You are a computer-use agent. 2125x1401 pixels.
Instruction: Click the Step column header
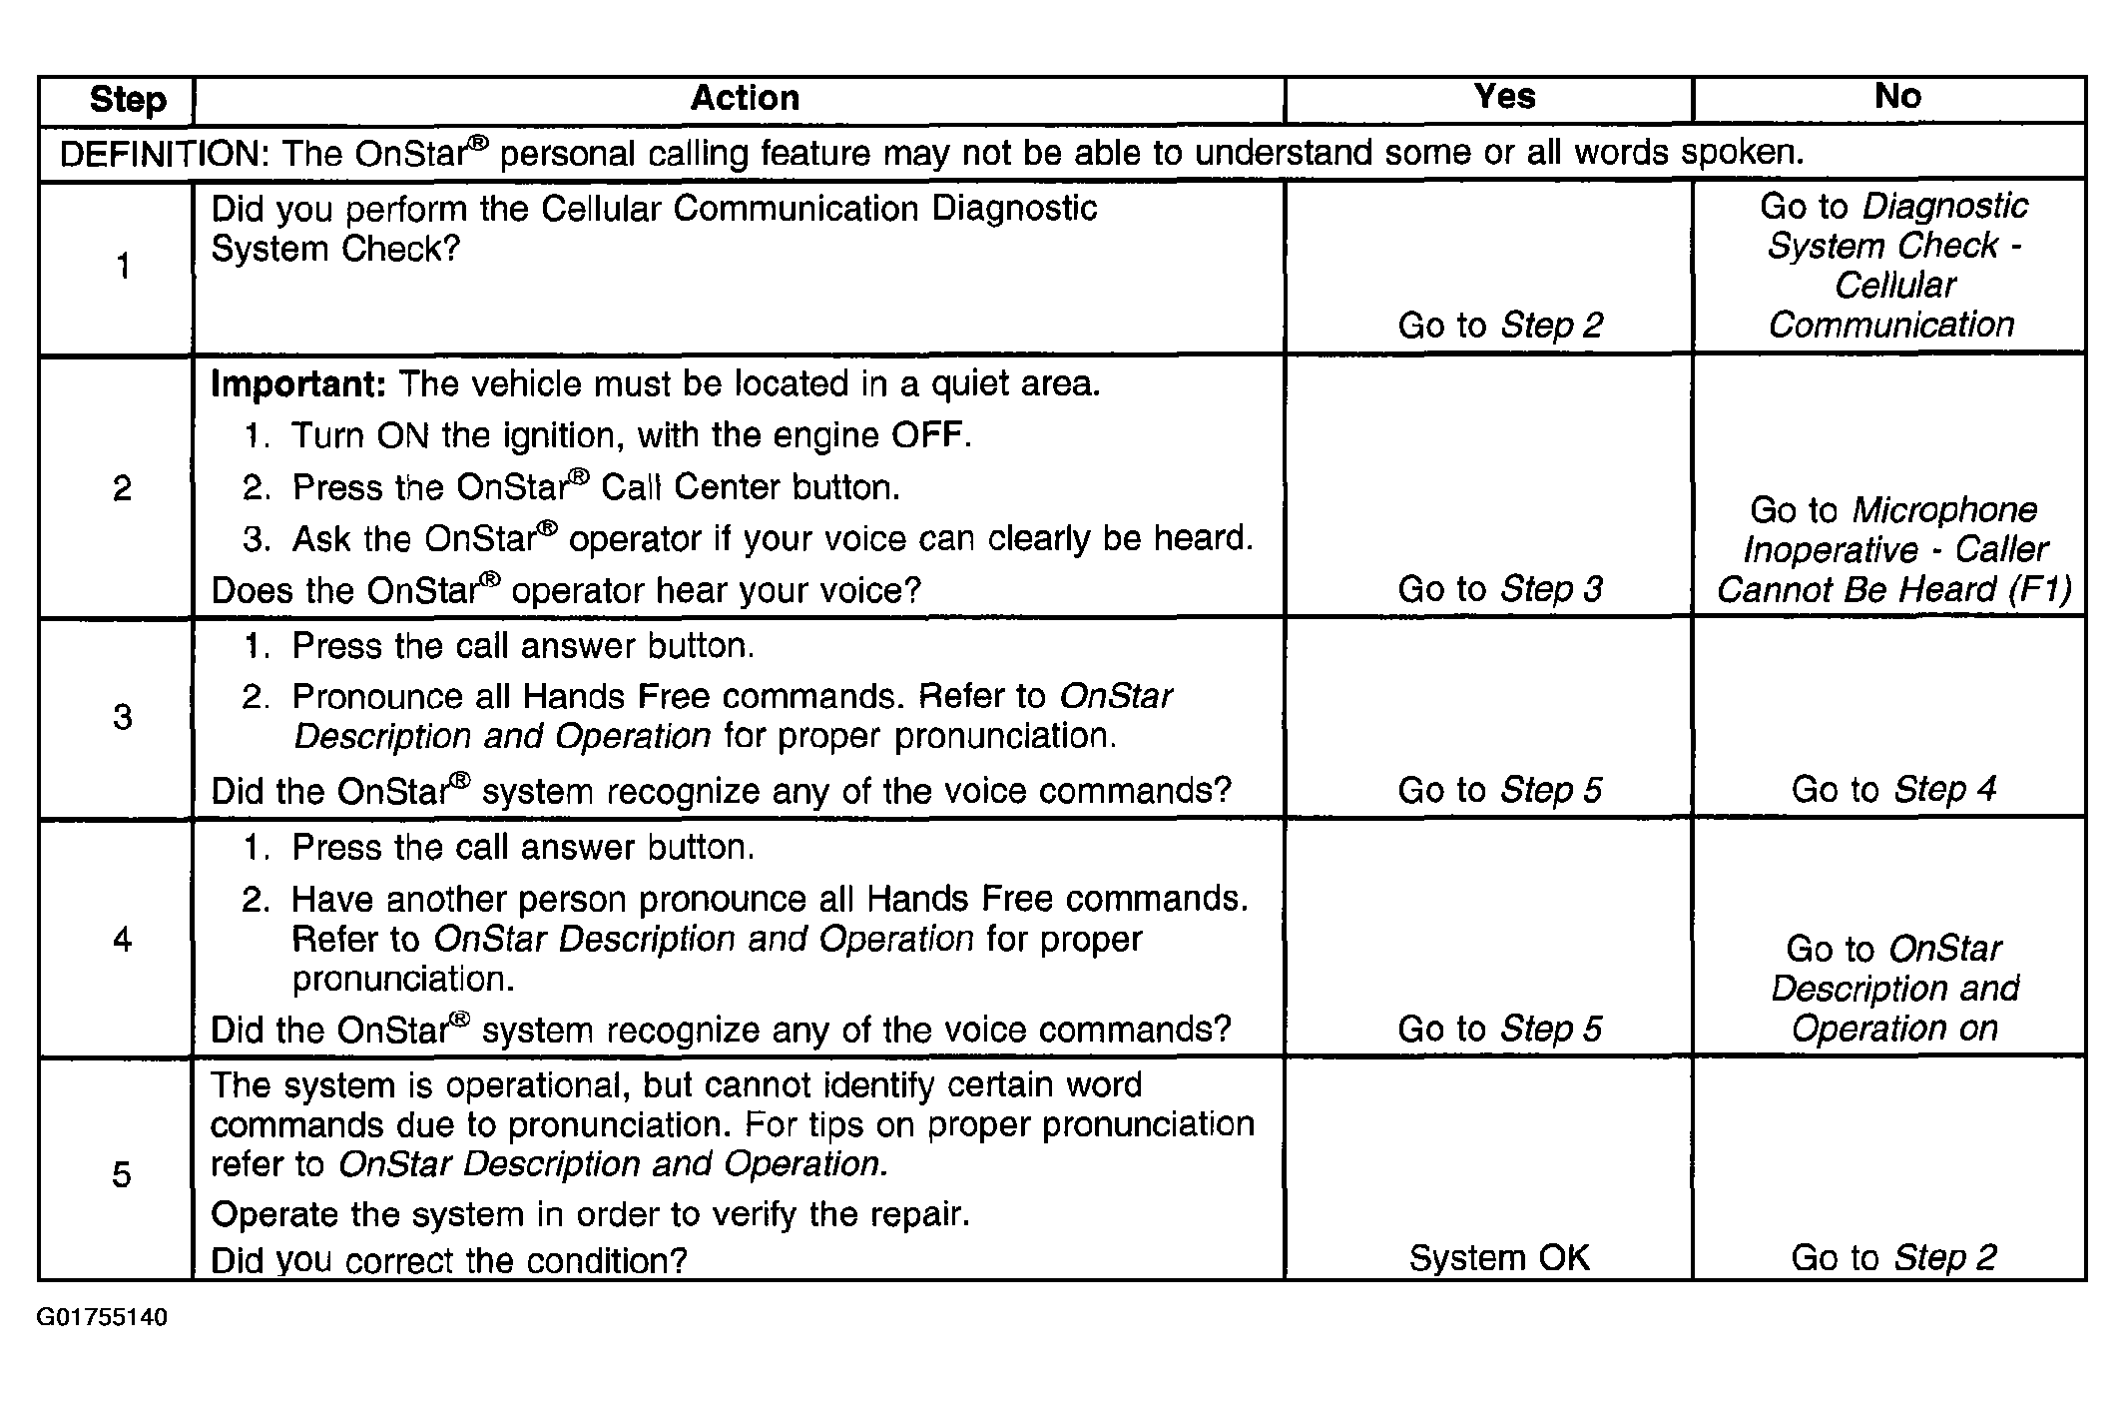[128, 100]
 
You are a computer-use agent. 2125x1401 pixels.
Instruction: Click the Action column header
[745, 98]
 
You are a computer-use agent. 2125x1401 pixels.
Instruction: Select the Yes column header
[1504, 96]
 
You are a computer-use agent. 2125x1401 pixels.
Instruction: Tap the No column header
[1897, 96]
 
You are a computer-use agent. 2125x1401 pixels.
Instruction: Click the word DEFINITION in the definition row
[160, 154]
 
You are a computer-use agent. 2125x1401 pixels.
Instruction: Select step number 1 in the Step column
[123, 266]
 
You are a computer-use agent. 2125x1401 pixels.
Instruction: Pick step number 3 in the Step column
[122, 717]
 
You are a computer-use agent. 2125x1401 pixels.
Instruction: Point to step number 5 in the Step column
[122, 1174]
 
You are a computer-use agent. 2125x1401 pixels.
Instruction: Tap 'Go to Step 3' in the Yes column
[1499, 589]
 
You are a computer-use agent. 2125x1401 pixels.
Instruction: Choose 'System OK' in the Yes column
[1499, 1258]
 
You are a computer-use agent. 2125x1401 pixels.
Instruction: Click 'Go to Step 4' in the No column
[1893, 789]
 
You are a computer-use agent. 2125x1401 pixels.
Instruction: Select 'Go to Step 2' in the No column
[1893, 1258]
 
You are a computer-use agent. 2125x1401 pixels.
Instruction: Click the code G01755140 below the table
[102, 1317]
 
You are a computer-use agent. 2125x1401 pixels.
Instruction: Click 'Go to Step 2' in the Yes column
[1499, 325]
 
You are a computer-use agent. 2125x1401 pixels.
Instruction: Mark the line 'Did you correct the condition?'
[449, 1260]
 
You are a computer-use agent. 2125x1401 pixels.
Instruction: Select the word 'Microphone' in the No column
[1944, 510]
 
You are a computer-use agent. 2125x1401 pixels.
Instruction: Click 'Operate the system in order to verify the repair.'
[590, 1214]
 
